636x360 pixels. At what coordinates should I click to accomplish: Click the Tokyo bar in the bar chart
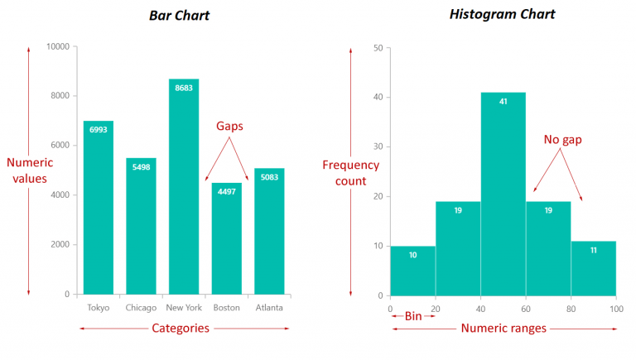pyautogui.click(x=99, y=207)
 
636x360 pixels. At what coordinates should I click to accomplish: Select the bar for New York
pyautogui.click(x=184, y=186)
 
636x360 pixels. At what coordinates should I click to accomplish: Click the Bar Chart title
pyautogui.click(x=180, y=16)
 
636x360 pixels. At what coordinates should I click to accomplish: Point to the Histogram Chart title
pyautogui.click(x=503, y=14)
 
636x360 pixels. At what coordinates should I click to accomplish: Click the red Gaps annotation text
pyautogui.click(x=229, y=126)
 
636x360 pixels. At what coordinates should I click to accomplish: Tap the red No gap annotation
pyautogui.click(x=562, y=140)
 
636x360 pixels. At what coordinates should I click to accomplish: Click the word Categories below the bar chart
pyautogui.click(x=181, y=329)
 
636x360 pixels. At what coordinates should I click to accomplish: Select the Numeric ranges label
pyautogui.click(x=503, y=329)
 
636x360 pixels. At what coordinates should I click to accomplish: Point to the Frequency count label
pyautogui.click(x=350, y=173)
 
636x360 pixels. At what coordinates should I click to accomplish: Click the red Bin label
pyautogui.click(x=413, y=316)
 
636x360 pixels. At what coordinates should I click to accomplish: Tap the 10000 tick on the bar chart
pyautogui.click(x=57, y=47)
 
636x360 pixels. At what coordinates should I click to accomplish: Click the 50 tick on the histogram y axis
pyautogui.click(x=378, y=48)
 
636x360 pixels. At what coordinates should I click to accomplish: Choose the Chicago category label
pyautogui.click(x=141, y=308)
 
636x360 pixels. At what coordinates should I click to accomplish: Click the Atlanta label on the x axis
pyautogui.click(x=268, y=308)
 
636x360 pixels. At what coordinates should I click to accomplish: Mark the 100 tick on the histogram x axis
pyautogui.click(x=615, y=309)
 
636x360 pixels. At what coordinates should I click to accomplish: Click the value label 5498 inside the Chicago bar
pyautogui.click(x=141, y=166)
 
